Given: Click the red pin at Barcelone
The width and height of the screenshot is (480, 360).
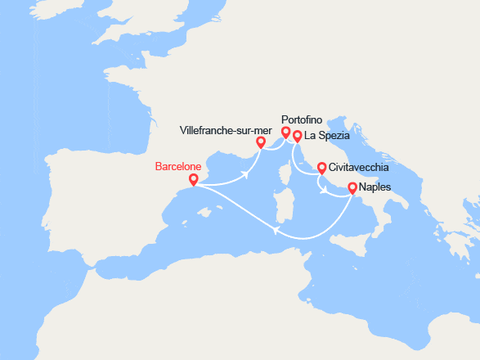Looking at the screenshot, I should click(193, 179).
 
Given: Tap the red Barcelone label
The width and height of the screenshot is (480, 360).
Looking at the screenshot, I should click(178, 166).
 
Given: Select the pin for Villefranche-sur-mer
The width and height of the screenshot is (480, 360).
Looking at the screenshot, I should click(261, 142).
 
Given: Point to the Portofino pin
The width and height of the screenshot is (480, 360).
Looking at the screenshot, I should click(285, 132).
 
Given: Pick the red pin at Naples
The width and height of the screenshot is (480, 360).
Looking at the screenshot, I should click(352, 187).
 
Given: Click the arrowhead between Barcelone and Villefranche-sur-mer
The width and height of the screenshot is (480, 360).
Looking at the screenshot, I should click(245, 174).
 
